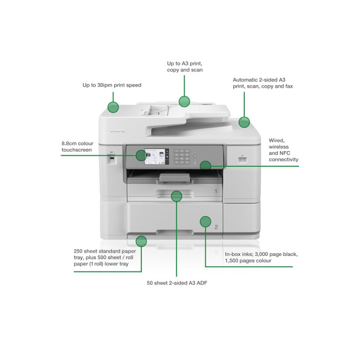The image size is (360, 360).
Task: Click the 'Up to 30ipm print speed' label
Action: coord(112,85)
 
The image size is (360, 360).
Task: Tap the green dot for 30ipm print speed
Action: coord(113,107)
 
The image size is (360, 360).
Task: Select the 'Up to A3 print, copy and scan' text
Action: coord(185,67)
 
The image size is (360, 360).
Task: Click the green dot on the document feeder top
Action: coord(184,101)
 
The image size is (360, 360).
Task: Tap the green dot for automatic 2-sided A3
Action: coord(244,121)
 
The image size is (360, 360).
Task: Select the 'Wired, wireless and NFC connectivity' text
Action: coord(283,150)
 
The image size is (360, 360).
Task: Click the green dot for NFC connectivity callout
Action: coord(205,165)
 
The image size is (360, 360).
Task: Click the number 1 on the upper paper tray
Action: coord(216,191)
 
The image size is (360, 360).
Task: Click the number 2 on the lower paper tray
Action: coord(216,227)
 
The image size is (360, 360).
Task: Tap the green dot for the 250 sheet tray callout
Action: coord(141,241)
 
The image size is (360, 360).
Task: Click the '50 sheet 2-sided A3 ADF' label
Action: coord(177,283)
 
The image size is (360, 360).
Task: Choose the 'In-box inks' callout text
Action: coord(261,257)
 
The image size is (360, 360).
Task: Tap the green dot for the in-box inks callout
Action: coord(205,222)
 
